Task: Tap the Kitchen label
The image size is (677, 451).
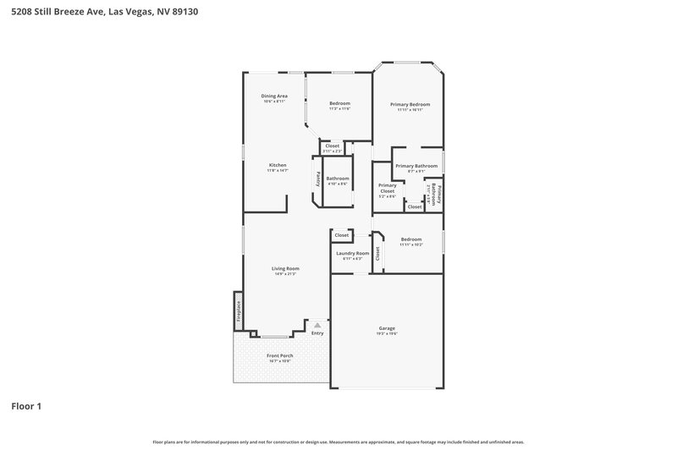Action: [x=278, y=165]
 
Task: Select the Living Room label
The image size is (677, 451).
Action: [x=285, y=268]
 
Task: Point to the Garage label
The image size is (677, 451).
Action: [x=386, y=328]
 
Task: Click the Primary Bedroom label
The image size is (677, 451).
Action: [x=410, y=104]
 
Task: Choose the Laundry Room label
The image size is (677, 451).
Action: [x=352, y=253]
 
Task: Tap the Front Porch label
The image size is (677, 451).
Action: [x=279, y=355]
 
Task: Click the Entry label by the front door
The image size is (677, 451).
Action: [x=317, y=333]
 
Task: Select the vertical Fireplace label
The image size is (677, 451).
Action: [x=239, y=310]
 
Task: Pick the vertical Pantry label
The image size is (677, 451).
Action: [x=318, y=179]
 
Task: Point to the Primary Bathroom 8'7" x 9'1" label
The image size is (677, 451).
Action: [x=416, y=166]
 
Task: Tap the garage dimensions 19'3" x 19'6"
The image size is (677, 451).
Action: [x=386, y=334]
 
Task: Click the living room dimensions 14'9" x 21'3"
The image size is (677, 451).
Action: [x=285, y=274]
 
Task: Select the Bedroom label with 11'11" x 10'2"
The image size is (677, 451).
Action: [x=411, y=239]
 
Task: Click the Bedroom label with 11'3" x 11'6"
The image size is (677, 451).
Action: [x=339, y=103]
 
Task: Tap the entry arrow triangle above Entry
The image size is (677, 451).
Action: [x=317, y=325]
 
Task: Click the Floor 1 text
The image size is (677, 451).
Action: [x=26, y=406]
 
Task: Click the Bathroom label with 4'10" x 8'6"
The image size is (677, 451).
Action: [x=338, y=178]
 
